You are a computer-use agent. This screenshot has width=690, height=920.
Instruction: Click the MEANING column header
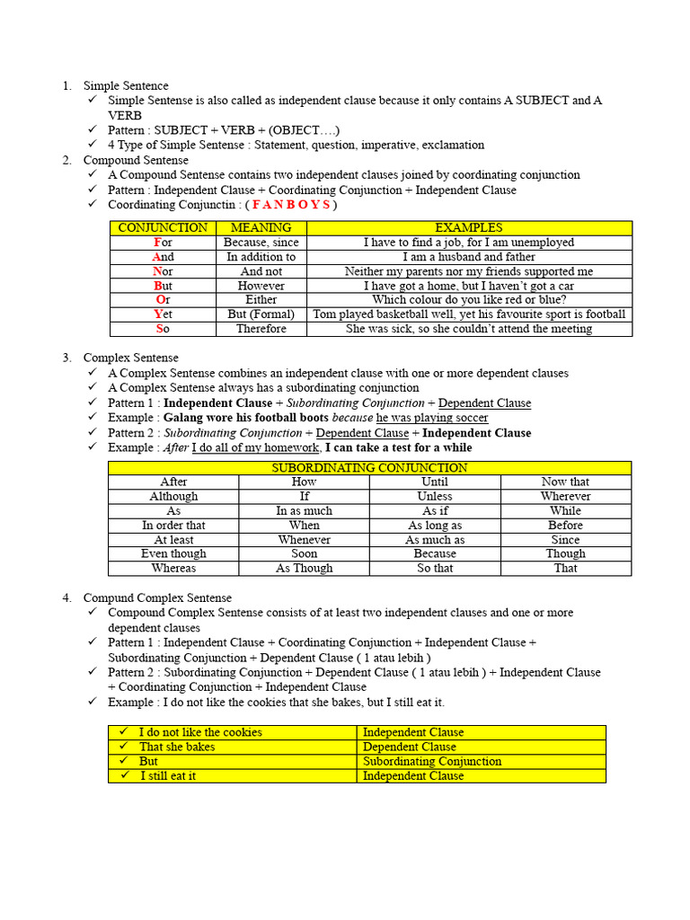pyautogui.click(x=261, y=227)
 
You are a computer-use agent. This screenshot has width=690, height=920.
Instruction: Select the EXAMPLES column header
pyautogui.click(x=468, y=227)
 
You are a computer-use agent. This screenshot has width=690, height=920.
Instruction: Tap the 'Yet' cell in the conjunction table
pyautogui.click(x=163, y=314)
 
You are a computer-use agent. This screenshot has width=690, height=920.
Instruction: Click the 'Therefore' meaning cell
pyautogui.click(x=261, y=329)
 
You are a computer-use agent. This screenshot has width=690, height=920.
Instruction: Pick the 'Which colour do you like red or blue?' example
pyautogui.click(x=468, y=300)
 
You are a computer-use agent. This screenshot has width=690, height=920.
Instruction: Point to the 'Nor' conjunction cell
pyautogui.click(x=163, y=271)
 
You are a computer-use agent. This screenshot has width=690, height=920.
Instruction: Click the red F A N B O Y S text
pyautogui.click(x=291, y=205)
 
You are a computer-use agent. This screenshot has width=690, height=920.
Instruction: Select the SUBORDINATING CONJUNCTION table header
pyautogui.click(x=369, y=467)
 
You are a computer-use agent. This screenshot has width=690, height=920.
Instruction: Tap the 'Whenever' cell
pyautogui.click(x=304, y=540)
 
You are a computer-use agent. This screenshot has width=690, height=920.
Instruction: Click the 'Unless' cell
pyautogui.click(x=435, y=496)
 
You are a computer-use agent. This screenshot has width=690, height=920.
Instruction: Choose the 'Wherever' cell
pyautogui.click(x=566, y=496)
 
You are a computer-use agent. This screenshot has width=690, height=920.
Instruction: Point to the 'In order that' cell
pyautogui.click(x=173, y=526)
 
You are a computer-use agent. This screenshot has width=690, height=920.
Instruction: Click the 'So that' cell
pyautogui.click(x=435, y=569)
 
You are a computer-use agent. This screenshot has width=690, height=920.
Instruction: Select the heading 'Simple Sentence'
pyautogui.click(x=126, y=85)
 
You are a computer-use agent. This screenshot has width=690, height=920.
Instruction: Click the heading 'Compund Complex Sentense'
pyautogui.click(x=157, y=597)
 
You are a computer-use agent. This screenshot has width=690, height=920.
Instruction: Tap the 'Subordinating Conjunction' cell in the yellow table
pyautogui.click(x=432, y=761)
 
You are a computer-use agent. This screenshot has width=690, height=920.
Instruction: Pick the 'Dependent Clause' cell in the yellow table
pyautogui.click(x=410, y=747)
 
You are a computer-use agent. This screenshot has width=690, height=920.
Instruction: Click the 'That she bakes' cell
pyautogui.click(x=177, y=747)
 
